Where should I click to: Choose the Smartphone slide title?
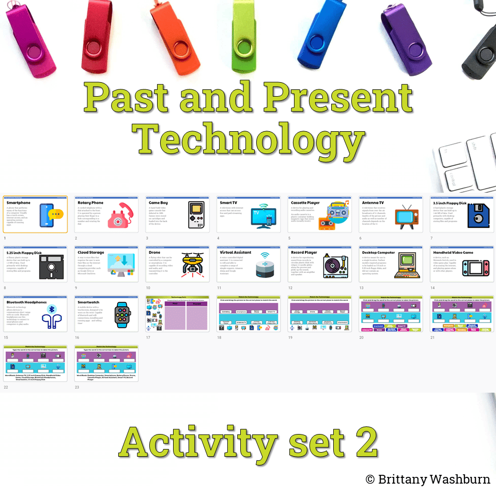[x=19, y=203]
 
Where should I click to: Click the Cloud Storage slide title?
[x=90, y=253]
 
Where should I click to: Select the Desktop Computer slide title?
[x=378, y=253]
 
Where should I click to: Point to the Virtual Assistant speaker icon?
[x=265, y=267]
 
